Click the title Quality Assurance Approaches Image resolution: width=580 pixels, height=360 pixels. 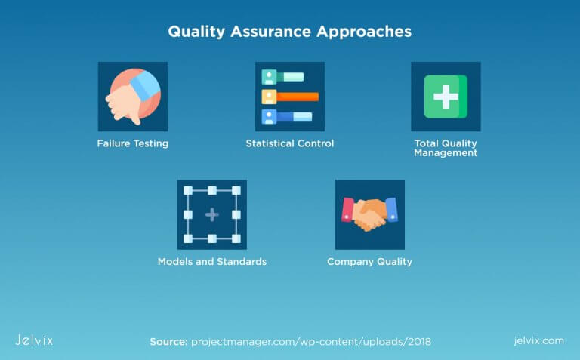289,32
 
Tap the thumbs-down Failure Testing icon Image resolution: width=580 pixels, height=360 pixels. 132,96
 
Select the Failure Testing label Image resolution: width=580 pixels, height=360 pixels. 132,143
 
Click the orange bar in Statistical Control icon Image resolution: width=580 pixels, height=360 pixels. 298,97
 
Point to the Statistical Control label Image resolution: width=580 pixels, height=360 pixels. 289,143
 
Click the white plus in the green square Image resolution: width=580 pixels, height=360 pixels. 446,97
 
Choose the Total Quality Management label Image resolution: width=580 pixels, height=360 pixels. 446,148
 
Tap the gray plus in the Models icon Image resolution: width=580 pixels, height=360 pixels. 211,215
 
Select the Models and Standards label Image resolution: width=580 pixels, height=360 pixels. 211,262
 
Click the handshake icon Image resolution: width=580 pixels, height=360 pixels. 369,214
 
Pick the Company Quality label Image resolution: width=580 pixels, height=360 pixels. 369,262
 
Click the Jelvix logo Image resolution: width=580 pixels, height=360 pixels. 34,340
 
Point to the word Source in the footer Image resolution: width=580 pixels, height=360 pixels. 168,341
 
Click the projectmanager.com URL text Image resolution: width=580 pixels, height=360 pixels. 310,341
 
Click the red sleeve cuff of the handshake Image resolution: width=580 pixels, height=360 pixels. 347,209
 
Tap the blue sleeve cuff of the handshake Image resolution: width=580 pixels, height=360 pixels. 390,209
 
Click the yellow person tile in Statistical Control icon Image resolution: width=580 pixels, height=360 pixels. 269,97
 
